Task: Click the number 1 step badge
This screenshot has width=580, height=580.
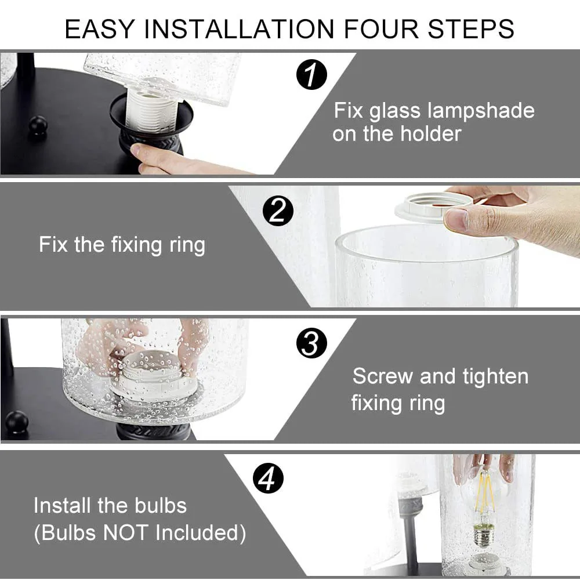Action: [x=311, y=75]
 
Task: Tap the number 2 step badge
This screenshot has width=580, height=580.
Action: [x=278, y=211]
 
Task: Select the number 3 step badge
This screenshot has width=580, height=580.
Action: [x=311, y=343]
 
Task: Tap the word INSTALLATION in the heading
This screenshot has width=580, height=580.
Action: [x=240, y=29]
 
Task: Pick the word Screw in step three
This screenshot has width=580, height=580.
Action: [x=382, y=376]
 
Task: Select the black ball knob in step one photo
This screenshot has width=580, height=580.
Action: [x=38, y=126]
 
